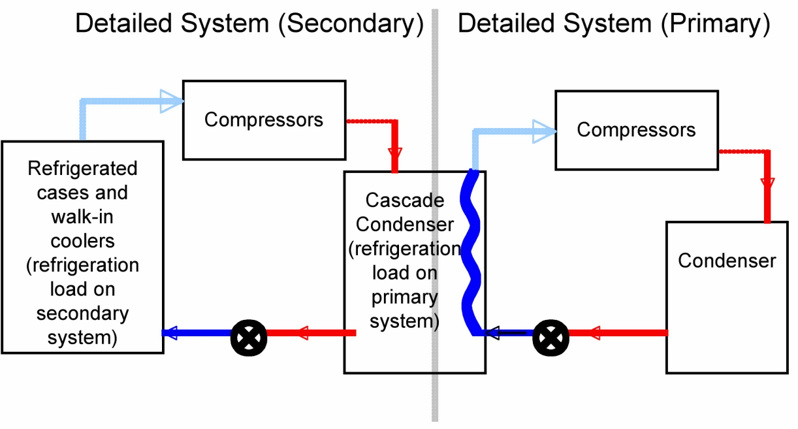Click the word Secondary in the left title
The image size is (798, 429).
(350, 24)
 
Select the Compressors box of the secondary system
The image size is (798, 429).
(264, 120)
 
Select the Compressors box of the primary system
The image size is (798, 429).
(636, 130)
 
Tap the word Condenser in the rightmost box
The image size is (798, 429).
(727, 261)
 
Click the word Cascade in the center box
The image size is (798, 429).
(405, 200)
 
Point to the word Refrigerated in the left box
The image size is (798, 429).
(82, 168)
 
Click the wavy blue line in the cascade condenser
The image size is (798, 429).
(471, 255)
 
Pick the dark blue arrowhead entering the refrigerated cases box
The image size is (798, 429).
(171, 333)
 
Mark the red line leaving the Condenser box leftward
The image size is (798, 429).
(627, 333)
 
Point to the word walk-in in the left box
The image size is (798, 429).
(82, 217)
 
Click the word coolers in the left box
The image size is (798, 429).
(82, 241)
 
